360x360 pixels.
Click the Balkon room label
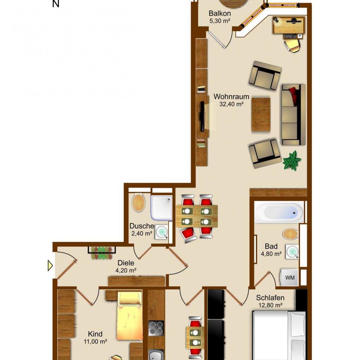click(x=220, y=13)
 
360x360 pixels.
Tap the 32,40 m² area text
click(x=231, y=104)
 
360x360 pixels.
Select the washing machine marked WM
click(x=289, y=277)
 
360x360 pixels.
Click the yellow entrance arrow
click(x=50, y=266)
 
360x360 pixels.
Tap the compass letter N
click(x=56, y=4)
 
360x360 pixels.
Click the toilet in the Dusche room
click(x=138, y=203)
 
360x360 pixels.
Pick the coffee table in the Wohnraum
click(x=261, y=115)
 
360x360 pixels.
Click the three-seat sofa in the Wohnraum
click(x=294, y=115)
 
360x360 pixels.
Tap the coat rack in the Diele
click(x=102, y=253)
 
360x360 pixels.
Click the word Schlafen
click(x=270, y=298)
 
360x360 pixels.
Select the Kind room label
click(x=95, y=334)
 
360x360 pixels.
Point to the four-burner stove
click(x=156, y=328)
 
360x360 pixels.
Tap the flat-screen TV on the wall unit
click(x=202, y=117)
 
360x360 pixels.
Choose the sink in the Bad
click(x=292, y=252)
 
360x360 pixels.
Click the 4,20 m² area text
click(x=126, y=271)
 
